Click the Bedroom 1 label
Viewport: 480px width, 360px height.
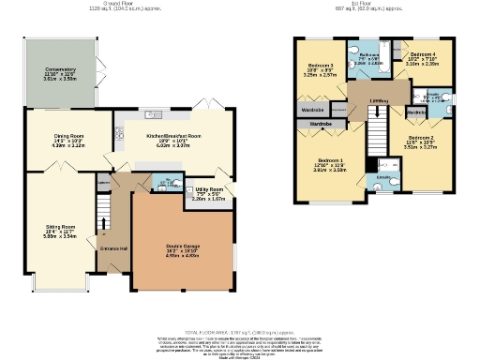[330, 160]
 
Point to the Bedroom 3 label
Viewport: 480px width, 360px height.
[322, 67]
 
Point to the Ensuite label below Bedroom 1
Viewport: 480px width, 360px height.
[382, 175]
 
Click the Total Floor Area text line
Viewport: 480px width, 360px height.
[240, 333]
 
